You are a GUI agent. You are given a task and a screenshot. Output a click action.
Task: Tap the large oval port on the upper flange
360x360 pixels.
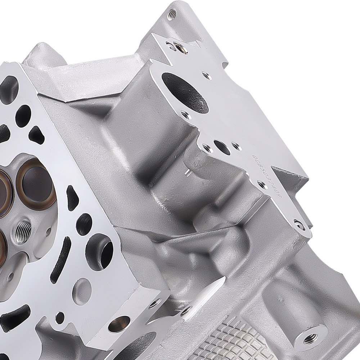click(184, 92)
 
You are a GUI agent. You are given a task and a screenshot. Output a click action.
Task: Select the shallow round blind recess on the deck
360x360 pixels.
click(82, 290)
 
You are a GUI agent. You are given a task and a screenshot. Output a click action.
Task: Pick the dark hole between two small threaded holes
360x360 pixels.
click(222, 147)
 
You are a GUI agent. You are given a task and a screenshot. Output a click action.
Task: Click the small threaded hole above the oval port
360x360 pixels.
click(207, 76)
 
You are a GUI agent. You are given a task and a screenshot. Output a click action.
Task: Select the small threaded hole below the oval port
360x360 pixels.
click(186, 115)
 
